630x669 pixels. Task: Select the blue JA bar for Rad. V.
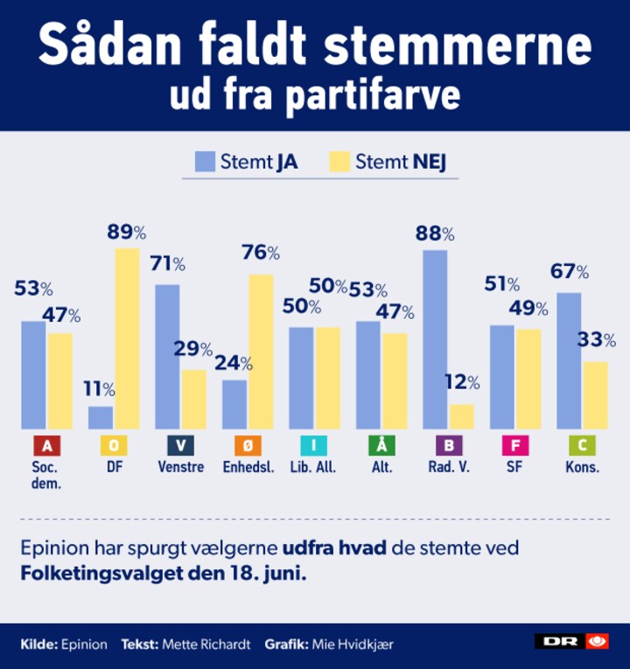pos(435,339)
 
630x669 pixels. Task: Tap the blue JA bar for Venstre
pos(167,356)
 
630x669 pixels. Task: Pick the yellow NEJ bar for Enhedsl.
pos(261,352)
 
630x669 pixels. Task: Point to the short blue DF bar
pos(101,417)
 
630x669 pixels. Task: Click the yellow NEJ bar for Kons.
pos(595,395)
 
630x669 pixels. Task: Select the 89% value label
pos(126,233)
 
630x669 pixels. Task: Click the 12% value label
pos(462,383)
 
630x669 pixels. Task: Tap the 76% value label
pos(261,254)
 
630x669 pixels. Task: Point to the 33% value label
pos(597,340)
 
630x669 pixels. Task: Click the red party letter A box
pos(46,446)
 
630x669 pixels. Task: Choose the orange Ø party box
pos(247,446)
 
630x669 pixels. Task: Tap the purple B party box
pos(448,446)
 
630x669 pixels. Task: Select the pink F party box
pos(514,446)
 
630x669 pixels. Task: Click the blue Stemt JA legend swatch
pos(205,161)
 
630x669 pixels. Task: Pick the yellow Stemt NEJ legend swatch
pos(339,161)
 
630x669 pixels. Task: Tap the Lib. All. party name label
pos(314,467)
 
